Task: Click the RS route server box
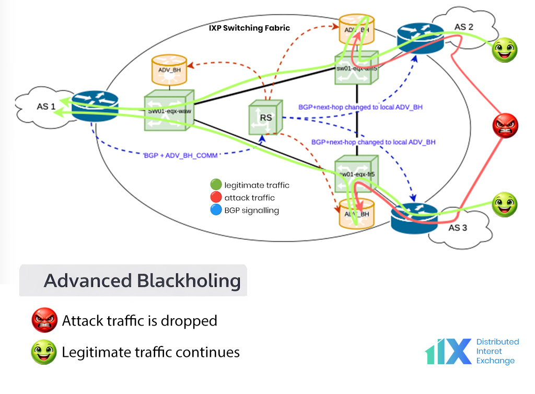tap(265, 117)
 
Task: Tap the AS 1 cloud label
tap(45, 106)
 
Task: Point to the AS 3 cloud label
tap(455, 227)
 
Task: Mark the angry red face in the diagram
tap(505, 126)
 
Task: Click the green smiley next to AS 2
tap(505, 50)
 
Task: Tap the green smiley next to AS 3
tap(505, 205)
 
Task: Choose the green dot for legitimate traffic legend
tap(216, 185)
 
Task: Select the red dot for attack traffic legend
tap(216, 198)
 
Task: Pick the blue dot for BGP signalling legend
tap(216, 210)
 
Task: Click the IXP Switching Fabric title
tap(249, 28)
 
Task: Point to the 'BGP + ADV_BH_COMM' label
tap(180, 155)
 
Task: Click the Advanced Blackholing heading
tap(142, 281)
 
